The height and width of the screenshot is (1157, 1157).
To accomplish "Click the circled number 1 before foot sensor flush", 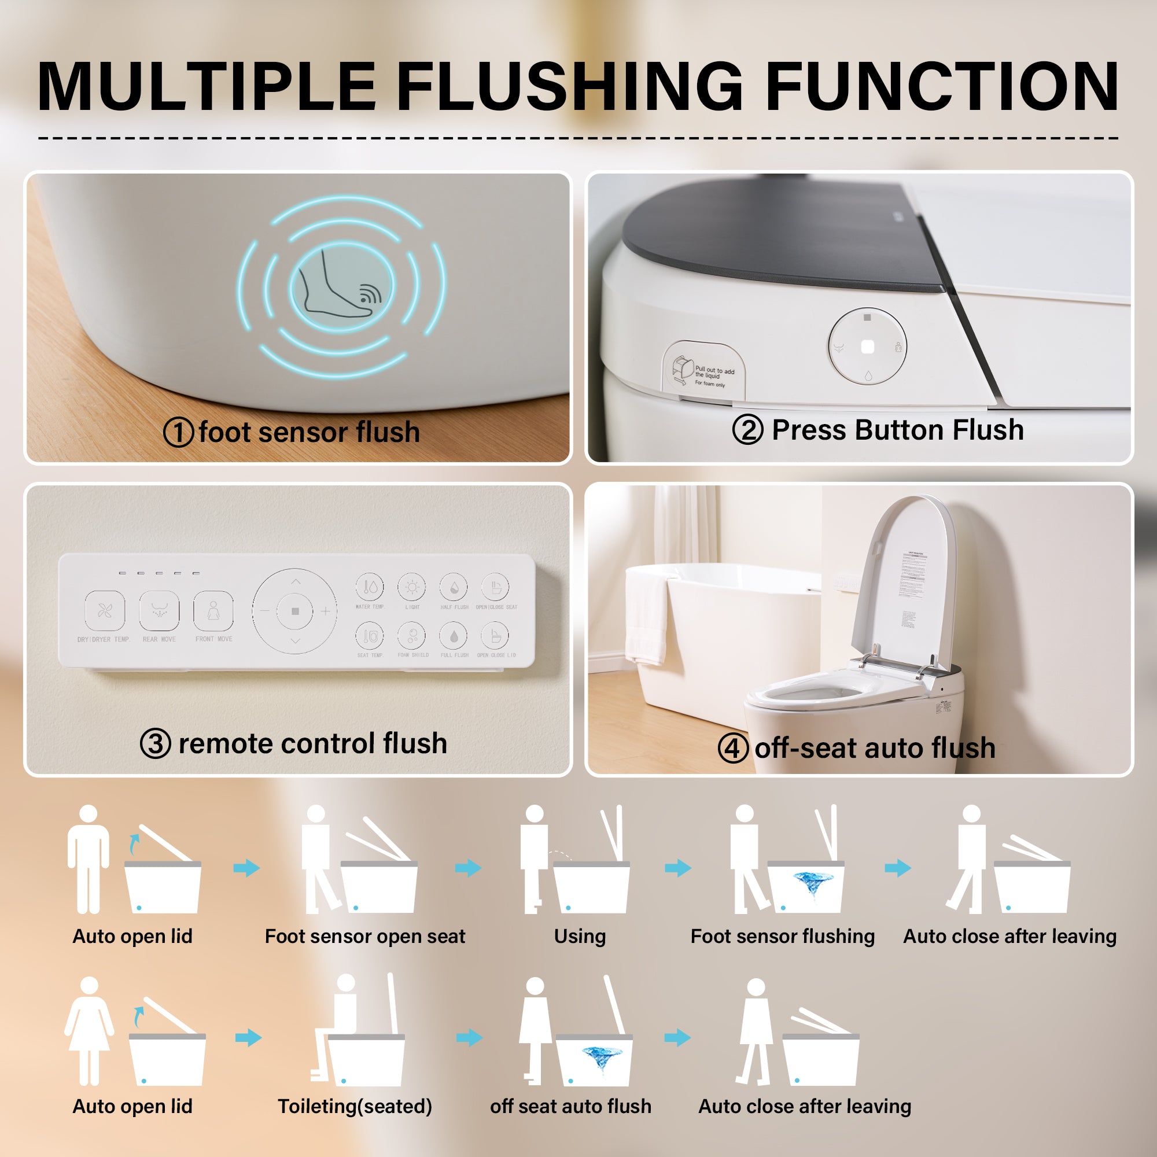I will (178, 432).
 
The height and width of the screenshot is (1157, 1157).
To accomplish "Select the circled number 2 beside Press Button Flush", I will (747, 429).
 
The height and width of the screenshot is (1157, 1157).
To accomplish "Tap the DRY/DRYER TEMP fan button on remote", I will (105, 611).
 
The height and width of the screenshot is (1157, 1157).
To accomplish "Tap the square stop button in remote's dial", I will (294, 611).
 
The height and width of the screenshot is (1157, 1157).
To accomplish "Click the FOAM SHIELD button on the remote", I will (412, 636).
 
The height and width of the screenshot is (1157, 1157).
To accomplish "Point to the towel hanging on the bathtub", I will (647, 617).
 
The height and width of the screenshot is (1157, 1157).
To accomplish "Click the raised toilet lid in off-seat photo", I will (904, 581).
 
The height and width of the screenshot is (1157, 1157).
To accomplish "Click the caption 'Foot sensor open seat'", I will (364, 936).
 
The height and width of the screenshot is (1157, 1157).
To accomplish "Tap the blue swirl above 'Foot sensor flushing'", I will (813, 881).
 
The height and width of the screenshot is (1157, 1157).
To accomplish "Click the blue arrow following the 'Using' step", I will (678, 868).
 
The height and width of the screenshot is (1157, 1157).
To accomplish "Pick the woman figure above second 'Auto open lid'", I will (89, 1030).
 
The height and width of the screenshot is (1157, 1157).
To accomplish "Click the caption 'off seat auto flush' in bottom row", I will (570, 1106).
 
